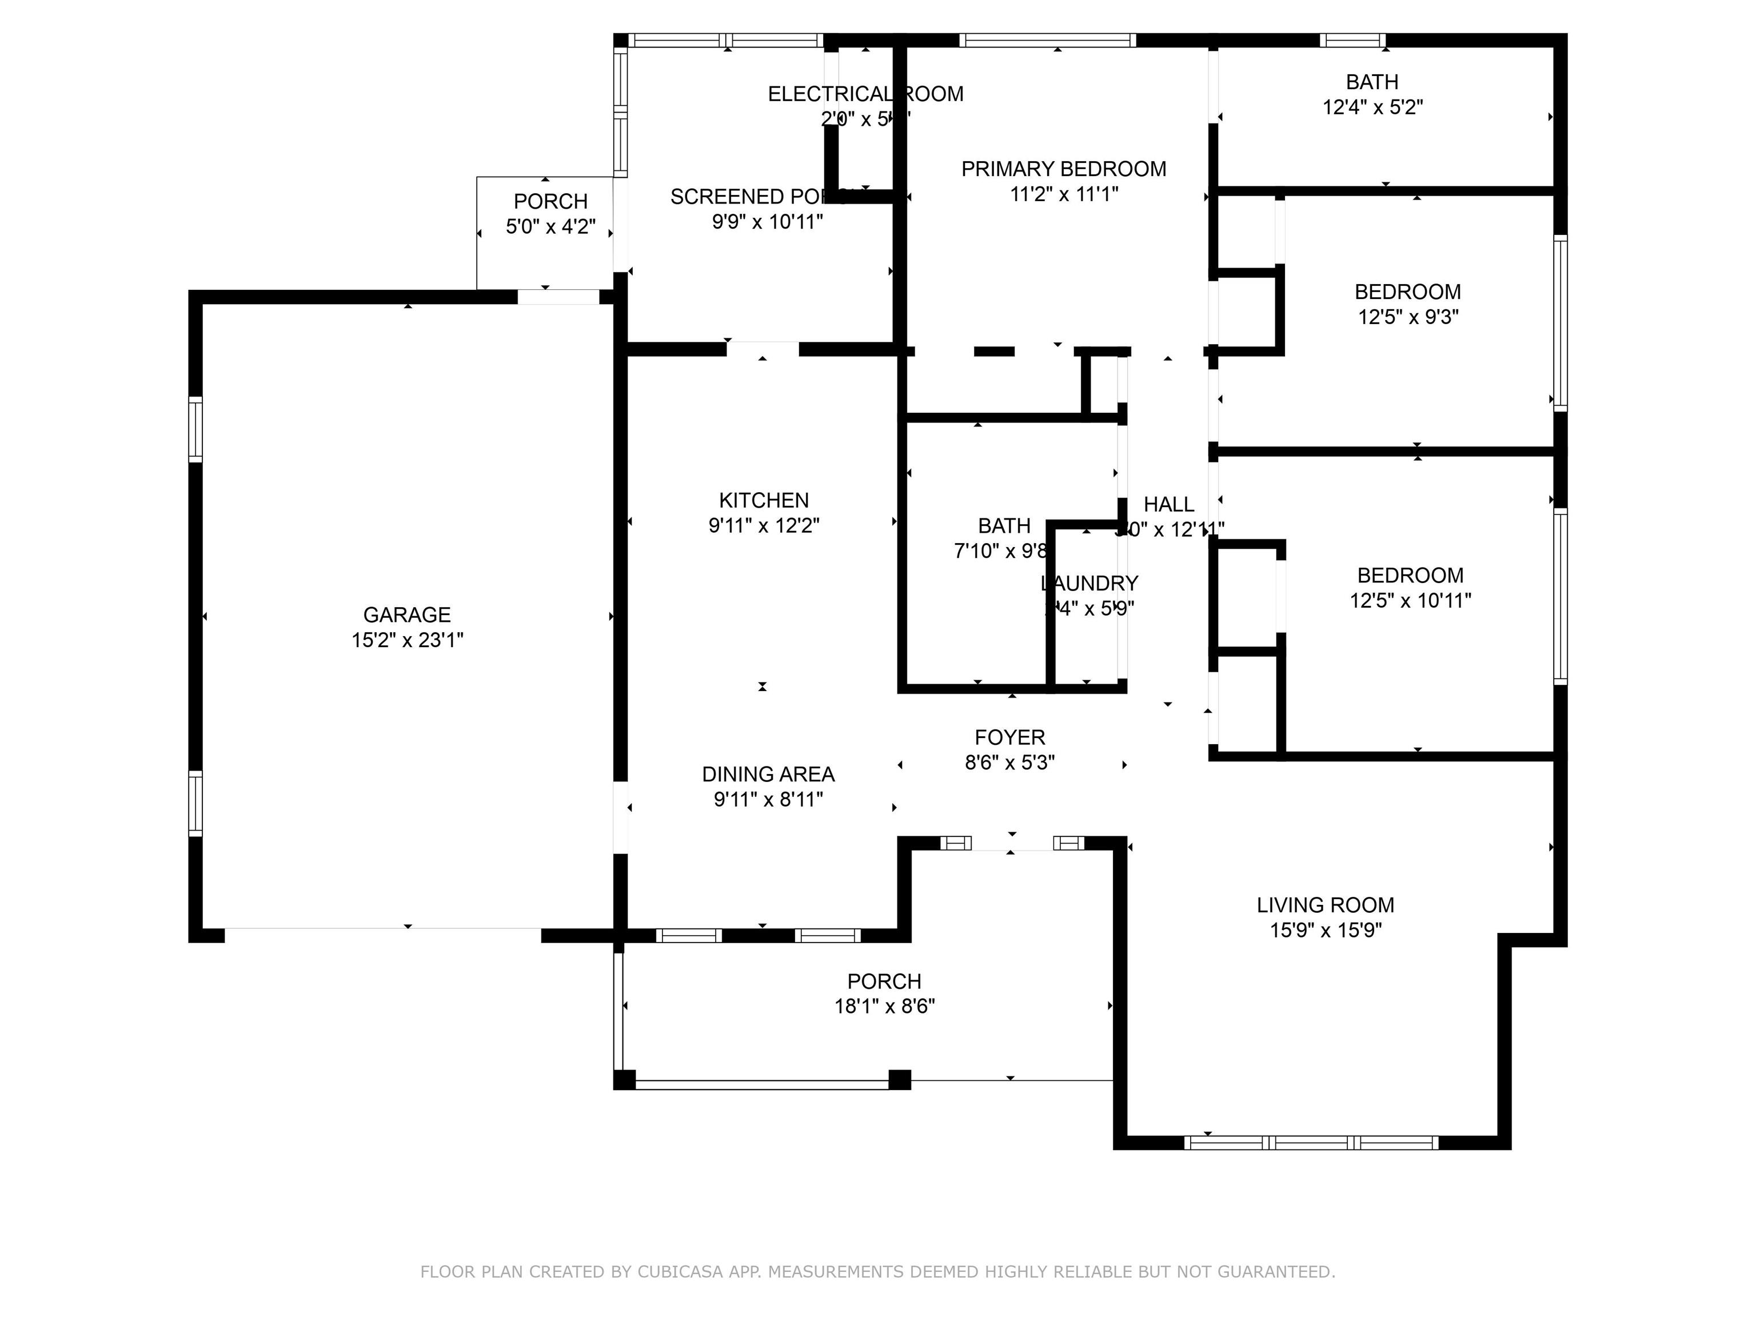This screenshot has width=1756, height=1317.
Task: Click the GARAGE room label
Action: (406, 614)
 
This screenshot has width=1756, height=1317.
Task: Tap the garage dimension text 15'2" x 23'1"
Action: (406, 640)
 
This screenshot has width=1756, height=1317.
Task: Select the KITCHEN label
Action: (764, 500)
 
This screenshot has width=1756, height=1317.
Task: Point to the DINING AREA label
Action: (768, 774)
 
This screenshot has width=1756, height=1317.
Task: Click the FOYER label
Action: (1010, 737)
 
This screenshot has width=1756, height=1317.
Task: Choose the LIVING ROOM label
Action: (1325, 905)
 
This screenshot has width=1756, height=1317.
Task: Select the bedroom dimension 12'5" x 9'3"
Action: (1407, 317)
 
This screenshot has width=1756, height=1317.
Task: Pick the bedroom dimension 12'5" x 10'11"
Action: (1410, 601)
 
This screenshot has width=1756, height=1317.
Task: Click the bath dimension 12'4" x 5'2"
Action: (1372, 107)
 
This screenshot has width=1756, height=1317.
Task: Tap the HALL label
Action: (1168, 504)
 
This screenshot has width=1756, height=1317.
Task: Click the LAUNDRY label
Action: (1089, 584)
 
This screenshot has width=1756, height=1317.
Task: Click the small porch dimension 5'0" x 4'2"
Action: (550, 227)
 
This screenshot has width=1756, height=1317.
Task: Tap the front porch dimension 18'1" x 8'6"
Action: (884, 1007)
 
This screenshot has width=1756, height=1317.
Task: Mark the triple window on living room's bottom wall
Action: (1311, 1142)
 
